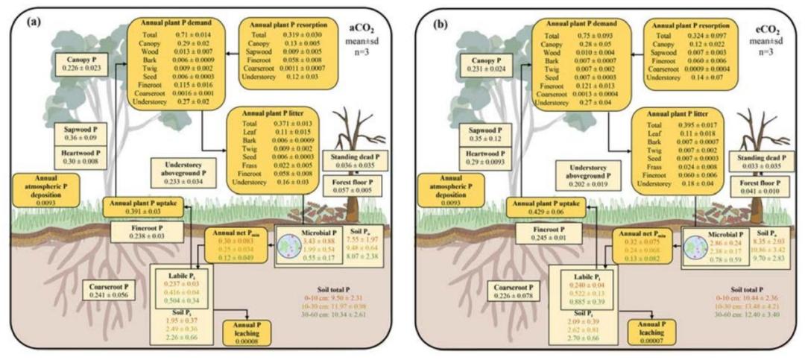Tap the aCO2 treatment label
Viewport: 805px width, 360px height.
coord(366,27)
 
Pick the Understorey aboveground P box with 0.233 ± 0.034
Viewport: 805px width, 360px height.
coord(187,170)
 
